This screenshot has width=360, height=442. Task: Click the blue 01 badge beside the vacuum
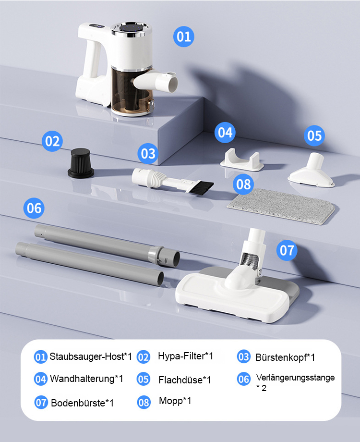coord(184,37)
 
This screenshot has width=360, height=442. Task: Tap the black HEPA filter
coord(81,163)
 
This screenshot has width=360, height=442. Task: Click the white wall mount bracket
coord(242,160)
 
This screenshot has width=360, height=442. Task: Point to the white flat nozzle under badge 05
coord(311,170)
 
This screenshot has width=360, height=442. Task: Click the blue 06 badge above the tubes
coord(34,208)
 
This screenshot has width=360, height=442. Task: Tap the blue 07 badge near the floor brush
coord(287,250)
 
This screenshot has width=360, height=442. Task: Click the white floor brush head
coord(237,293)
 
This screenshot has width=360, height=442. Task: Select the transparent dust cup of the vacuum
coord(131,92)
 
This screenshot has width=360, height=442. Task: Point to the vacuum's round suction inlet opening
coord(172,84)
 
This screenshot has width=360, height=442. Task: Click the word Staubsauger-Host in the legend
coord(87,356)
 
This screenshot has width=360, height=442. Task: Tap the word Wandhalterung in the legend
coord(82,378)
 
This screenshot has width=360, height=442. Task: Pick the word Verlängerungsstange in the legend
coord(296,378)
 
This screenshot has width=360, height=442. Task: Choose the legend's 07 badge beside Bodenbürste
coord(41,403)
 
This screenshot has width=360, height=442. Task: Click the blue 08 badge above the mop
coord(243,184)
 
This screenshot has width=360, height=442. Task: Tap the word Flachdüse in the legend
coord(180,380)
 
